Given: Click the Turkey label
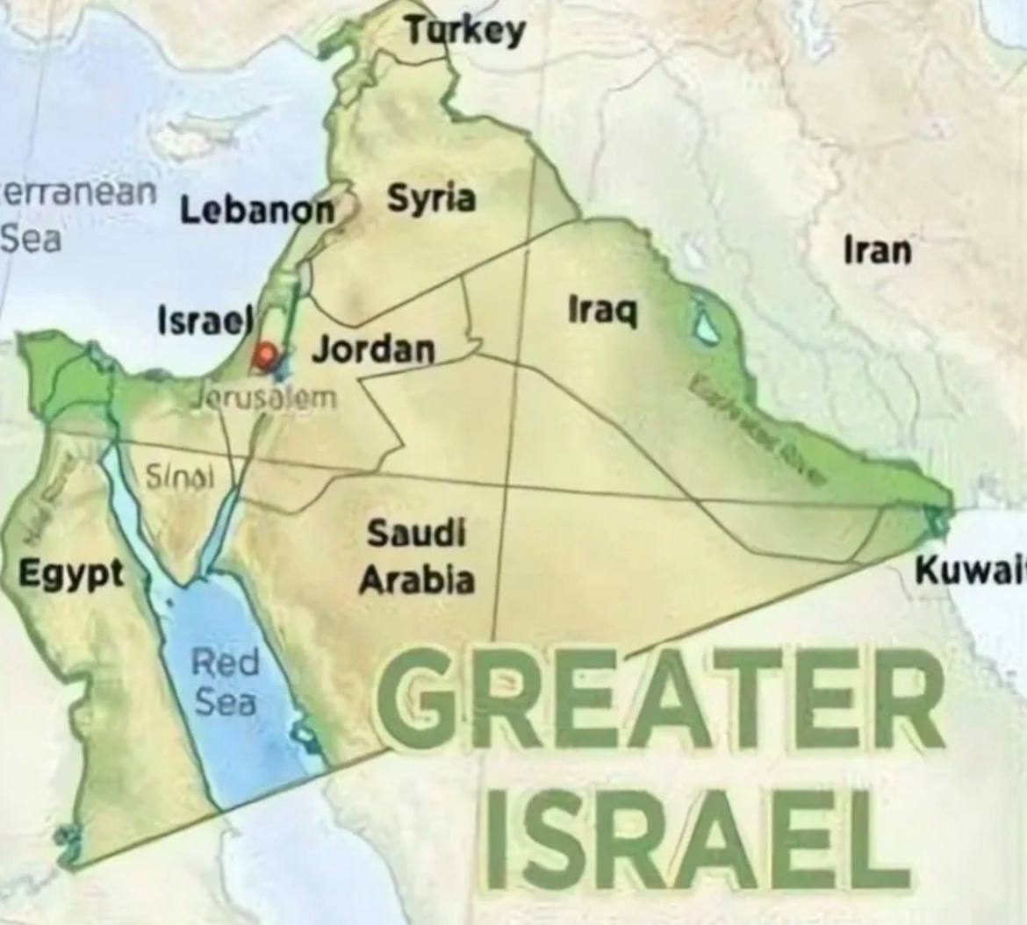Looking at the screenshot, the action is pos(465,32).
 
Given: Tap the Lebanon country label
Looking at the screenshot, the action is pos(258,211).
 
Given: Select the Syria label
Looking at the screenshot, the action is pos(431,198).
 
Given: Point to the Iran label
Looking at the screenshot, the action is pos(877,251).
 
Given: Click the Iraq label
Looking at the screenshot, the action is pos(603,310).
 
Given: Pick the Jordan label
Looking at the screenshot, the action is pos(374,349).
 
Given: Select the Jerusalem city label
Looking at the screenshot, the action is pos(264,397).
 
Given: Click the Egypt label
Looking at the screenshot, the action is pos(72,575).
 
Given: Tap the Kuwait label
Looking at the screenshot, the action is pos(971,570).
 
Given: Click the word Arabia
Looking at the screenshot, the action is pos(416,580).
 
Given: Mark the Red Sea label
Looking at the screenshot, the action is pos(226,682).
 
